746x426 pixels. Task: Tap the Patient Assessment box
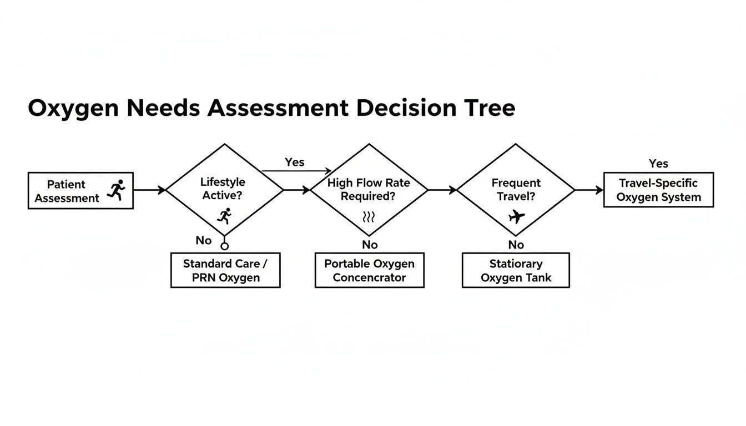(80, 190)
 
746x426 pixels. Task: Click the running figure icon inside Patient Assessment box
(117, 190)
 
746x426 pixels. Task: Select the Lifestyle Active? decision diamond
(224, 190)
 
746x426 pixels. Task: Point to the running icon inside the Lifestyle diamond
(224, 216)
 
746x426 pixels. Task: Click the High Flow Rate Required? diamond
(369, 190)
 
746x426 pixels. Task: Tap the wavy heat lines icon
(369, 216)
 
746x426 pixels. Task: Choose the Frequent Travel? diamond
(516, 190)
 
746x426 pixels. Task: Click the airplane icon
(516, 216)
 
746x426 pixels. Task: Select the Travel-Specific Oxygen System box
(658, 190)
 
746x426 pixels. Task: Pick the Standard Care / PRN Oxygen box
(225, 270)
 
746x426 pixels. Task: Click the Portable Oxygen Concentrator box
(369, 270)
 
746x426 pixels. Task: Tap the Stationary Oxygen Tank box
(516, 270)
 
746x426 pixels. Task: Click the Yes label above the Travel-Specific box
(658, 164)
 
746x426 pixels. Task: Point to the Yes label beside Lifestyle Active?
(295, 162)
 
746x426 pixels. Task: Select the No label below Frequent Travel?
(516, 245)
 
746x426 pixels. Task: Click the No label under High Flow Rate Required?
(370, 245)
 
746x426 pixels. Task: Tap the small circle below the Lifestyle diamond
(224, 246)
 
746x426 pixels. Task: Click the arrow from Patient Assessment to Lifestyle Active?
(149, 190)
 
